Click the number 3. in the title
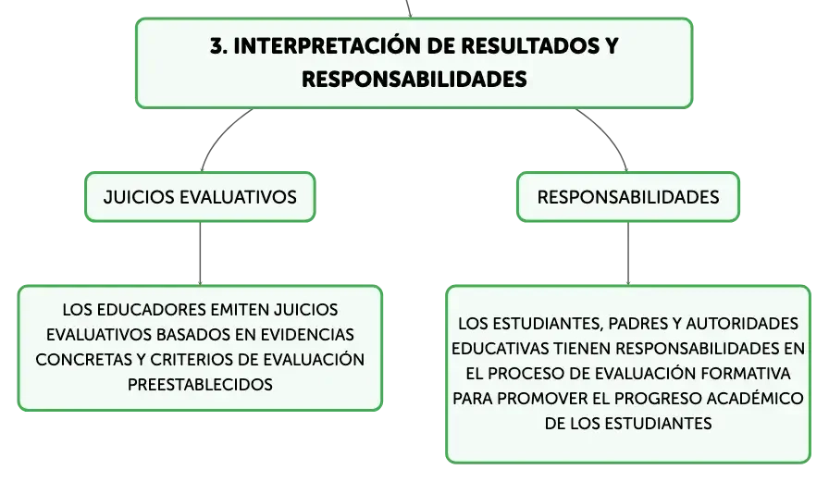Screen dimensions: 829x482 click(218, 46)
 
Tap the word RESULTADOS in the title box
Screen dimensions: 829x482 click(528, 46)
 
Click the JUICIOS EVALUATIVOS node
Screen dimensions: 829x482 click(200, 197)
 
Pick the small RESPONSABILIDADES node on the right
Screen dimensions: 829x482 click(628, 197)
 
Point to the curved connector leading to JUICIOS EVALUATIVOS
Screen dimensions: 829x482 click(219, 135)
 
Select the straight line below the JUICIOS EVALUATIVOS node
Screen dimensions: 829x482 click(200, 253)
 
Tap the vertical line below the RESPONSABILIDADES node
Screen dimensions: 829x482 click(628, 253)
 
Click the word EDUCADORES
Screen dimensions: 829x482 click(151, 310)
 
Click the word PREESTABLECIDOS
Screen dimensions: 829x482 click(200, 384)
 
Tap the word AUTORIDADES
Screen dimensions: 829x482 click(742, 324)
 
